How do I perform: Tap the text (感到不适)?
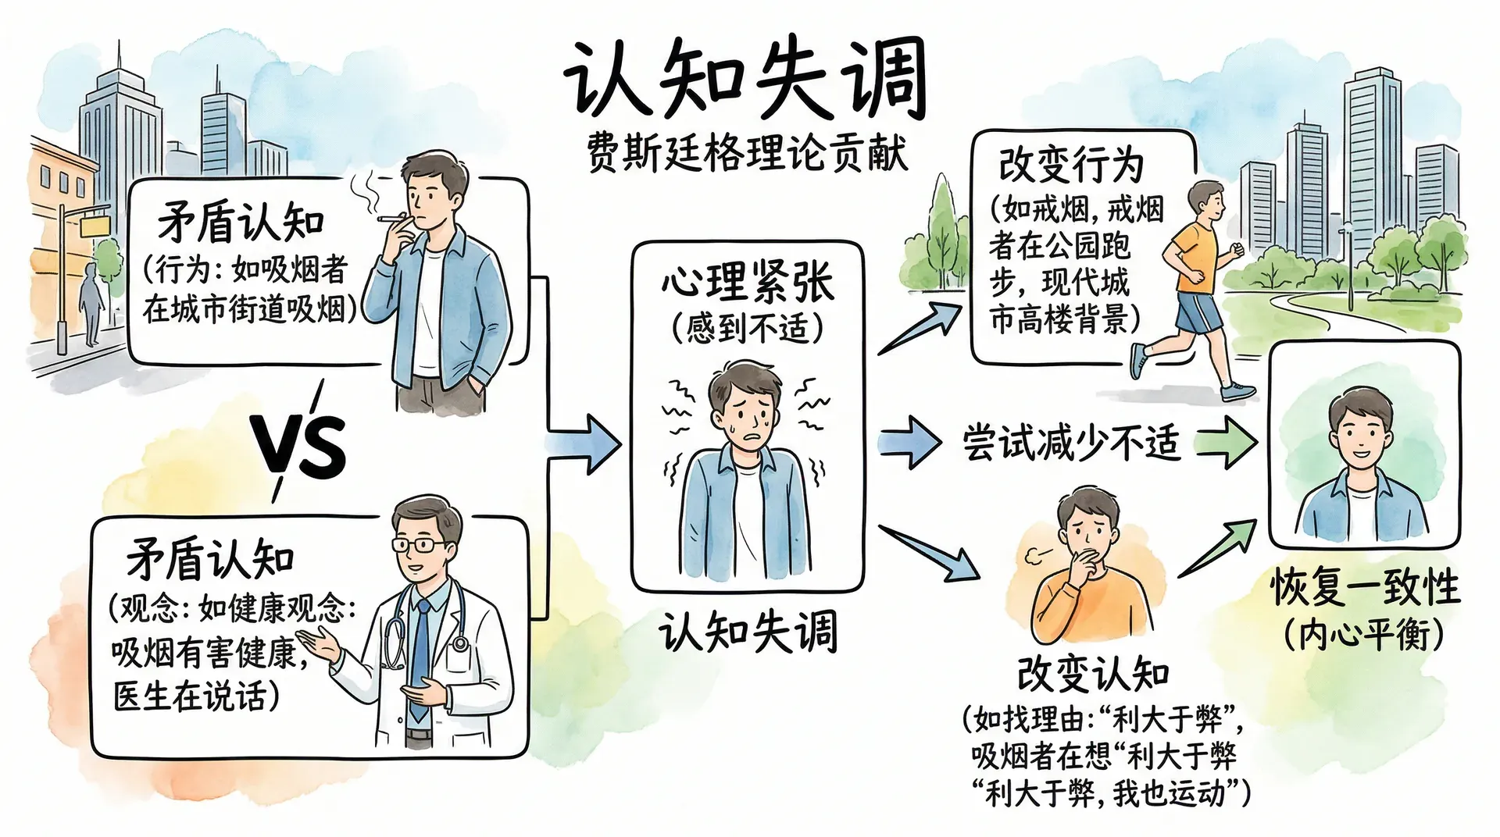[x=748, y=328]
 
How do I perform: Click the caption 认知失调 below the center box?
[x=748, y=631]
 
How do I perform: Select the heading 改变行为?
[x=1071, y=165]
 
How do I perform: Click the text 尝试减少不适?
[x=1070, y=443]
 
